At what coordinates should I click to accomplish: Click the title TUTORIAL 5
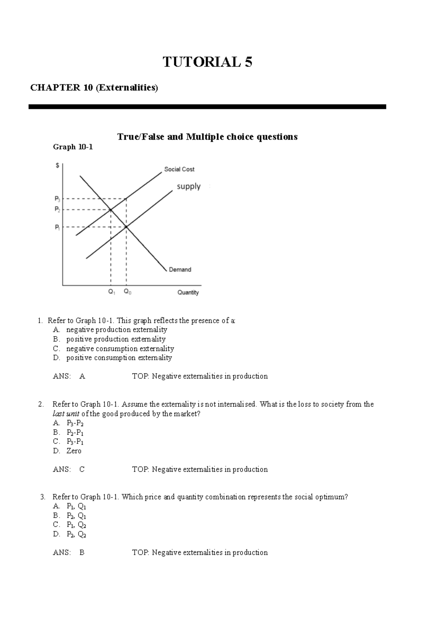tap(207, 62)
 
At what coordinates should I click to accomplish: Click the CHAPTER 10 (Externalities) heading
tap(94, 88)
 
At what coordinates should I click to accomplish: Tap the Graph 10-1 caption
tap(73, 147)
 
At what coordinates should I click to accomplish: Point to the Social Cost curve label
tap(179, 169)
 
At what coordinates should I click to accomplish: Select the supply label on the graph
tap(189, 186)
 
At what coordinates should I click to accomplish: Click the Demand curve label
tap(180, 270)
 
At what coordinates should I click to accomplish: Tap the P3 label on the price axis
tap(58, 199)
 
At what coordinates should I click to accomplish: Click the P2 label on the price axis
tap(58, 209)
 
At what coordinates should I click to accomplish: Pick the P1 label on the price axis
tap(58, 227)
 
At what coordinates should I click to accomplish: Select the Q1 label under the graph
tap(112, 292)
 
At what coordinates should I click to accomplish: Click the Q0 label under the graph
tap(127, 292)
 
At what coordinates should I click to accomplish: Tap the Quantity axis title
tap(188, 292)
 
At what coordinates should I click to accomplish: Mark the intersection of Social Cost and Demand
tap(111, 210)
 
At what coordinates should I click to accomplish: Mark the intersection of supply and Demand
tap(126, 227)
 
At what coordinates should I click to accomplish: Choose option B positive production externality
tap(115, 339)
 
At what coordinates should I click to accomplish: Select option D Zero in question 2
tap(74, 451)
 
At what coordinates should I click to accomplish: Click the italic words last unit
tap(66, 414)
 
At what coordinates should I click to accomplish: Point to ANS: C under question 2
tap(69, 470)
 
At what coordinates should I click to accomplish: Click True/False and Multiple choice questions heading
tap(207, 137)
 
